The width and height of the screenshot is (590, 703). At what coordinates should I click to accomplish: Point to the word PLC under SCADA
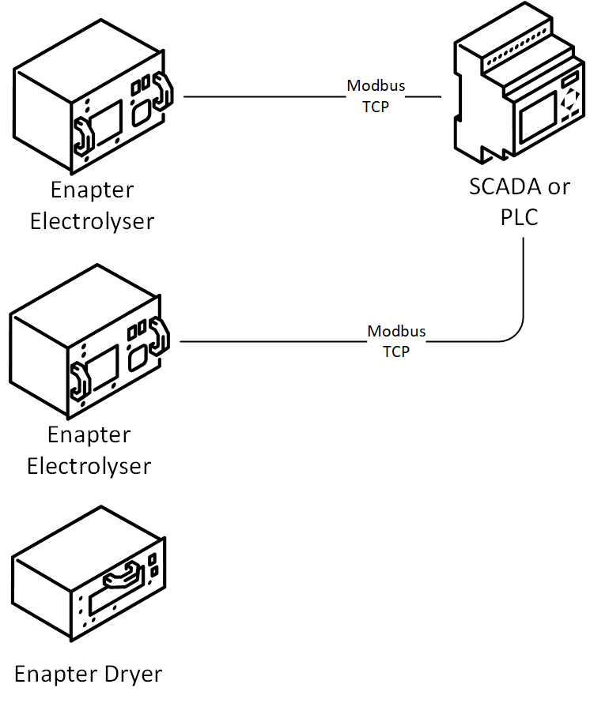click(x=519, y=217)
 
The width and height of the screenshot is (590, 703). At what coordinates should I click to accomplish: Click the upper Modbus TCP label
click(x=376, y=96)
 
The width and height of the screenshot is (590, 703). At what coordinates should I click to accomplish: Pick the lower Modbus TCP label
click(x=396, y=341)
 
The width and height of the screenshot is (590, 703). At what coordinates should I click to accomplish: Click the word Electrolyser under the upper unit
click(x=92, y=221)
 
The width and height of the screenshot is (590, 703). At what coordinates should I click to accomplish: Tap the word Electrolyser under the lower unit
click(x=89, y=466)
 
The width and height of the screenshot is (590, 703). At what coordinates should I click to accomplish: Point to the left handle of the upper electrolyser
click(x=84, y=137)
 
